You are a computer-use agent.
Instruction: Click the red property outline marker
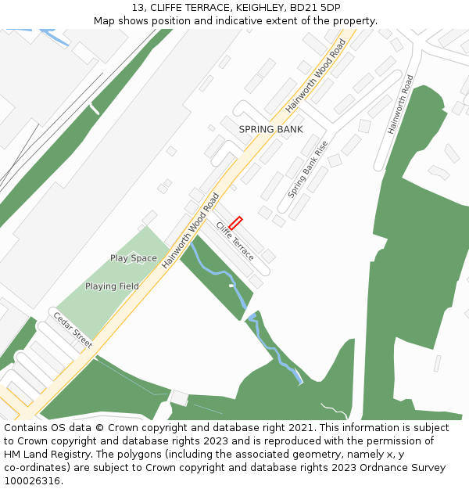[x=235, y=223]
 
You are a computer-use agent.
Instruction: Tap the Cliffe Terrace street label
[x=235, y=242]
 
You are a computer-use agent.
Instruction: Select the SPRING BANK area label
[x=270, y=129]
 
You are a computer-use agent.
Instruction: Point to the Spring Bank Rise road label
[x=307, y=169]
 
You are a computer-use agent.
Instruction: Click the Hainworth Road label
[x=400, y=104]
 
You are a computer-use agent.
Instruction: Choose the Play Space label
[x=133, y=258]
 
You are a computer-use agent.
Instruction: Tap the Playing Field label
[x=112, y=286]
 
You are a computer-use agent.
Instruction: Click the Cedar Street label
[x=73, y=330]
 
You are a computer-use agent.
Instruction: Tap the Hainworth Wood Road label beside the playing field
[x=191, y=232]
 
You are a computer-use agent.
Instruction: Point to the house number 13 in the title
[x=137, y=8]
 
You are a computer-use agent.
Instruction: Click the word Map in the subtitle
[x=106, y=21]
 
